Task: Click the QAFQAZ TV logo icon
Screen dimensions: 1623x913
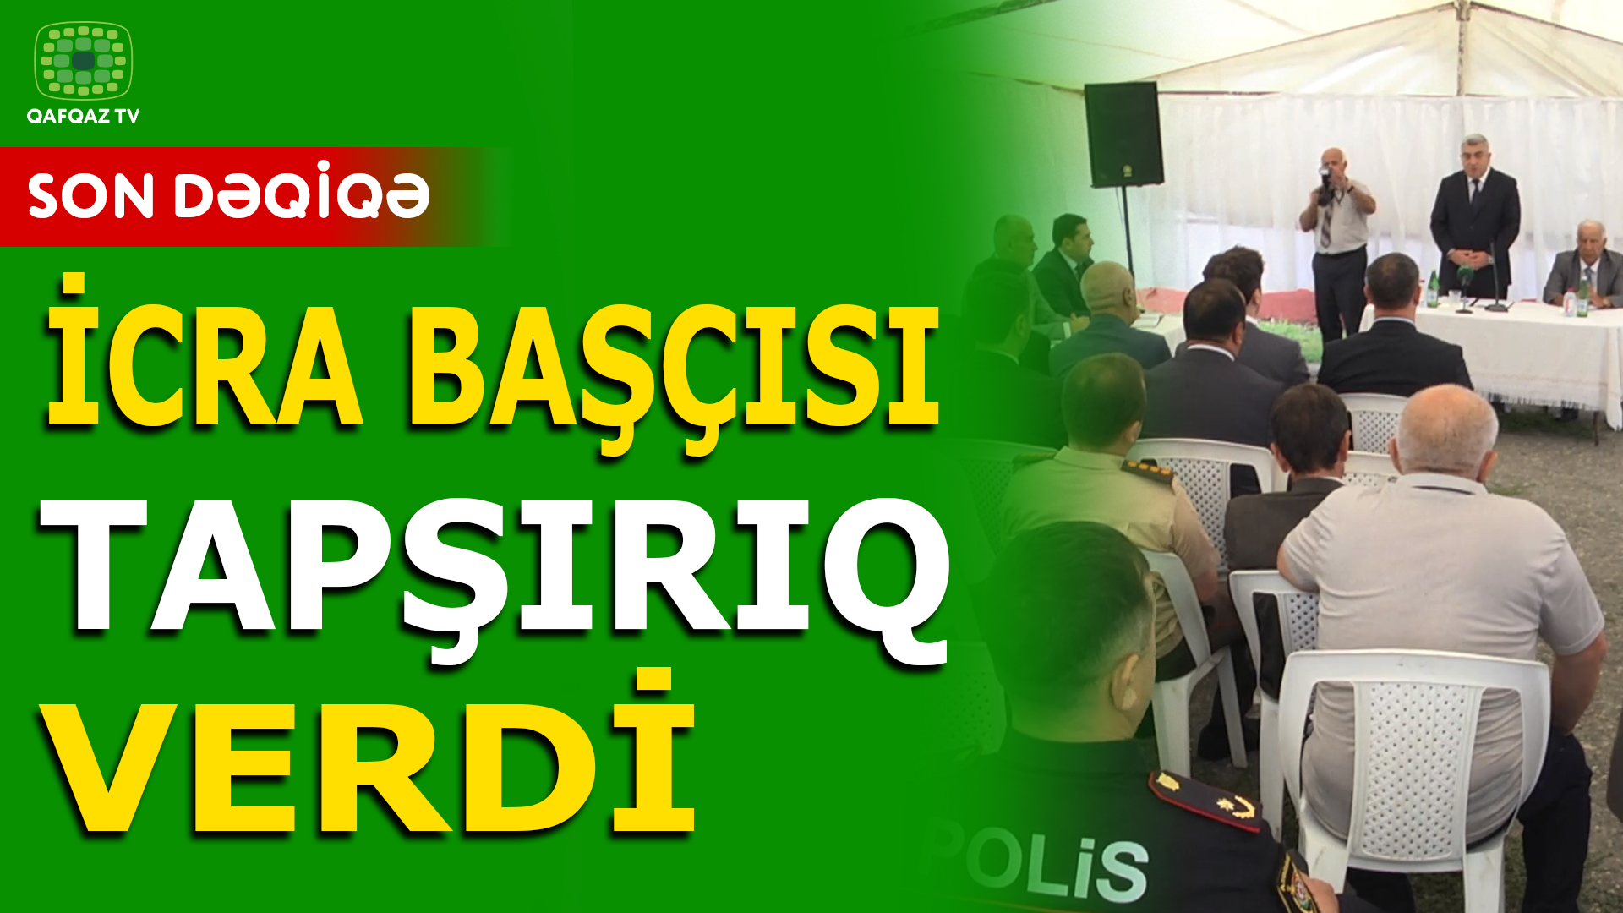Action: point(83,60)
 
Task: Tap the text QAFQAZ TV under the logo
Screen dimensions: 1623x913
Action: point(83,117)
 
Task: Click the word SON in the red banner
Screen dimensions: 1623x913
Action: point(90,197)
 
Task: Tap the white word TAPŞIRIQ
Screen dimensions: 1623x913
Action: point(495,574)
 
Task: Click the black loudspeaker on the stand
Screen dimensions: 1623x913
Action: point(1123,134)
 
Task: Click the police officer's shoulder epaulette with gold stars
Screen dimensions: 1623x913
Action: point(1204,799)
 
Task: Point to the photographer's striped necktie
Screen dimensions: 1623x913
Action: point(1327,224)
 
